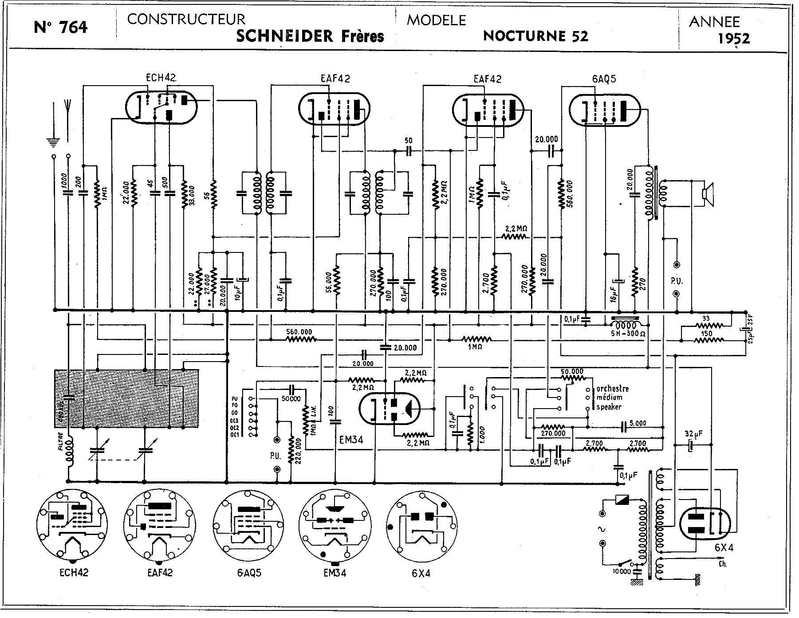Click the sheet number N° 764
61,28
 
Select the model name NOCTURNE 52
535,36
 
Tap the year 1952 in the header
734,38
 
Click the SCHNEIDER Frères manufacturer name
310,36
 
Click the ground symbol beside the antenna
53,142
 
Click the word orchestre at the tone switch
612,389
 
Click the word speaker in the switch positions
609,407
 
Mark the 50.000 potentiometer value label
572,371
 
